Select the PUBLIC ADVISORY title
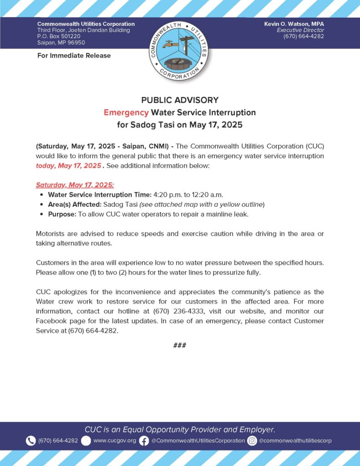tap(180, 100)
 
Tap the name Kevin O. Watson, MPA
tap(294, 24)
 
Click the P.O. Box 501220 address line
tap(59, 36)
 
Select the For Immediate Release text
tap(74, 56)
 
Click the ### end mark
tap(180, 345)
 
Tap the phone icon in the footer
tap(30, 441)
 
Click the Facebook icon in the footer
tap(144, 441)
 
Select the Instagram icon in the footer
tap(252, 441)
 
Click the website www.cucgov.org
tap(114, 441)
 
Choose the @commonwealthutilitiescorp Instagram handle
tap(295, 441)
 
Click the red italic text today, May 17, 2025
tap(68, 166)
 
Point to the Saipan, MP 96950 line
tap(61, 42)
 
